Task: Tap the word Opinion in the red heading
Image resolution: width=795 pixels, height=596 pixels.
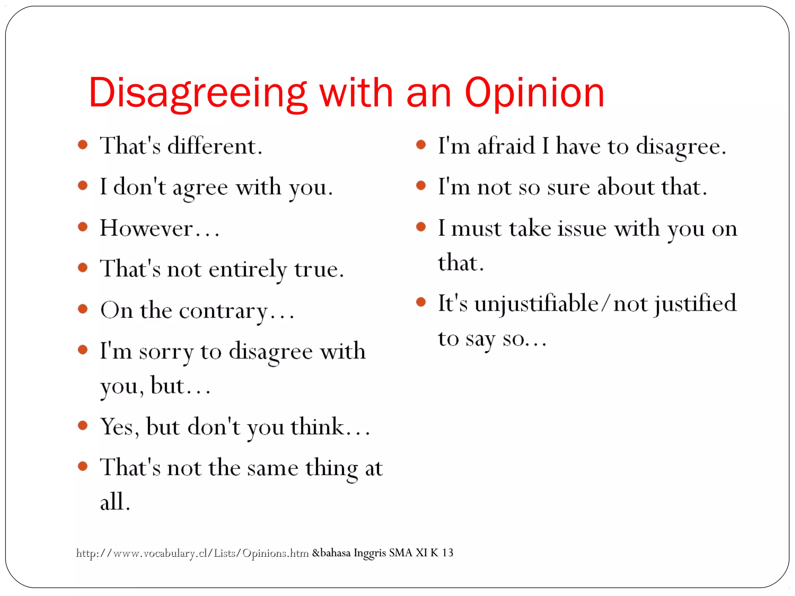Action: click(x=535, y=93)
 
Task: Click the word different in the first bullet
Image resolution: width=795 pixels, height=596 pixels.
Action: click(x=215, y=146)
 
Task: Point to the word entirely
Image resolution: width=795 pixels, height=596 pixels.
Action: click(x=247, y=269)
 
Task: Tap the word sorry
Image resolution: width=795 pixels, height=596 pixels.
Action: click(x=166, y=352)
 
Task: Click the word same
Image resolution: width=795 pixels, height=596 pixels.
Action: click(x=273, y=468)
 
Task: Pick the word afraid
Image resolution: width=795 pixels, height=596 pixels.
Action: click(x=506, y=146)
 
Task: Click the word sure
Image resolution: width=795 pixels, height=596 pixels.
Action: click(x=568, y=187)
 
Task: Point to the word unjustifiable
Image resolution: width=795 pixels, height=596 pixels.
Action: click(x=536, y=303)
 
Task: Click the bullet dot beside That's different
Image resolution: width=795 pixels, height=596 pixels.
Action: click(x=83, y=145)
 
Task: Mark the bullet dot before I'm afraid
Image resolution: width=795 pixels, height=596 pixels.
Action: click(x=421, y=145)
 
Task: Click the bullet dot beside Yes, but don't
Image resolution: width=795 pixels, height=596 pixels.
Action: click(x=83, y=425)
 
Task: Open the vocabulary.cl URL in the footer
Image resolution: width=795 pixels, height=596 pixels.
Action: click(x=192, y=553)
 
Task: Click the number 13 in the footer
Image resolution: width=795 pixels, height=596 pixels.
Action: click(x=447, y=552)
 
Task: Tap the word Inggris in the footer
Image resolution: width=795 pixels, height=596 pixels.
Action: click(x=370, y=553)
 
